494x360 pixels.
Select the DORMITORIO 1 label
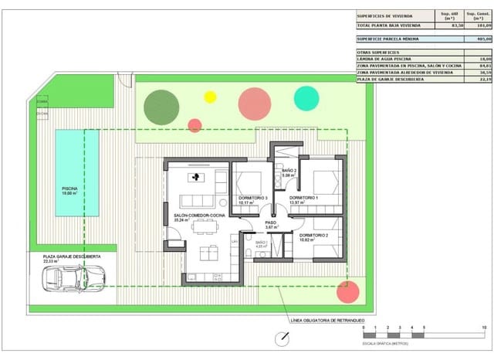[304, 199]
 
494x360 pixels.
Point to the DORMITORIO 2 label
[314, 234]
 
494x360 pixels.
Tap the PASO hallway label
[271, 222]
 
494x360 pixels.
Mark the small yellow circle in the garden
[210, 97]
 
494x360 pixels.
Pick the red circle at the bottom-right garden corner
[348, 292]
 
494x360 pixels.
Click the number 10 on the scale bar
[483, 328]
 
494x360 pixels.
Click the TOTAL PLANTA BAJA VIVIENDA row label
[391, 25]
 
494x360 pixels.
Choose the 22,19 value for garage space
[484, 78]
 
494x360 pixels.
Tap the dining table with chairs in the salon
[205, 226]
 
